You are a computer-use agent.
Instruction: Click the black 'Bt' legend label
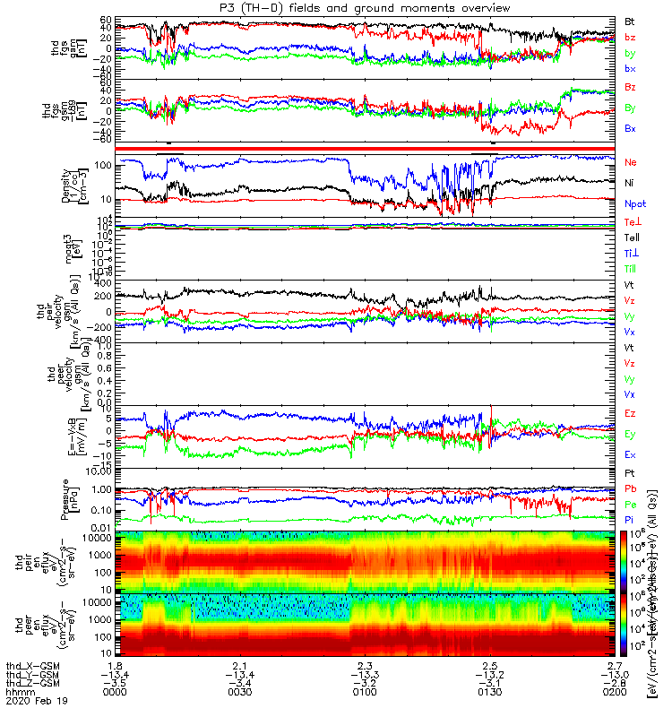(x=630, y=21)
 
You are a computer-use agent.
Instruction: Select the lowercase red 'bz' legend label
(x=630, y=38)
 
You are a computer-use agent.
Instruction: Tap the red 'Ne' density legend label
(x=630, y=162)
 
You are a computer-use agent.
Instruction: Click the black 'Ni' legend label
(x=630, y=183)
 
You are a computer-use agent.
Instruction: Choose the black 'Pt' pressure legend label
(x=630, y=472)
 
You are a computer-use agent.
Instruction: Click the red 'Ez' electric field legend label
(x=630, y=413)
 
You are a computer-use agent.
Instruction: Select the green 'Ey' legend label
(x=630, y=434)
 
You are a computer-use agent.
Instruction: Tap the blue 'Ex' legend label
(x=630, y=454)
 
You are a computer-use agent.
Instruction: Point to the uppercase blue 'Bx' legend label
(x=630, y=128)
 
